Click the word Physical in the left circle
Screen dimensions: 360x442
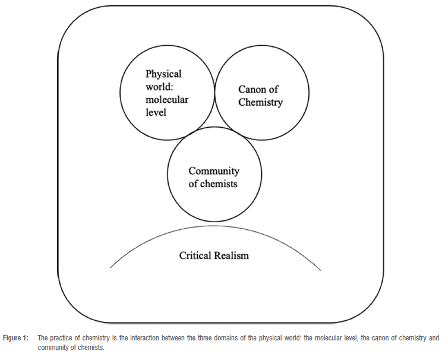(163, 74)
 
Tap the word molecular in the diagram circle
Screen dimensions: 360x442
(167, 99)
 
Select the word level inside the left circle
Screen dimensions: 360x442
(156, 112)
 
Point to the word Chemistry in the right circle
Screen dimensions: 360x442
(260, 102)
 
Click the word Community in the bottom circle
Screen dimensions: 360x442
(213, 171)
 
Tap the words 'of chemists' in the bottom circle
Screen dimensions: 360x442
(213, 184)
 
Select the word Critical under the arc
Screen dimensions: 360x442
(197, 255)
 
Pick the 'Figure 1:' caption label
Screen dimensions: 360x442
(15, 338)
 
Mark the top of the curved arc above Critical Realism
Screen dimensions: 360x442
(216, 225)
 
